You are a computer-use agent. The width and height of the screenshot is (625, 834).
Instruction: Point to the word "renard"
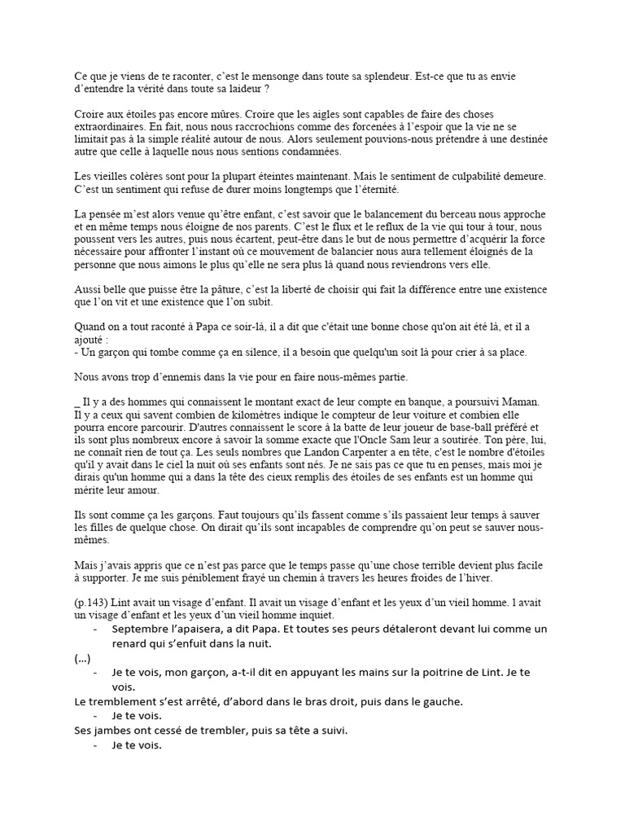[x=132, y=643]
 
